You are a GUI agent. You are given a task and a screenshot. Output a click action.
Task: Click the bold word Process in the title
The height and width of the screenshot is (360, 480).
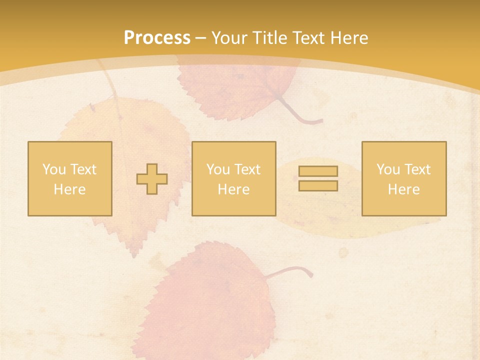point(157,38)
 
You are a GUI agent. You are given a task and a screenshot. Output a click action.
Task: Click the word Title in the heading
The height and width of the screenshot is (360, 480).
point(271,38)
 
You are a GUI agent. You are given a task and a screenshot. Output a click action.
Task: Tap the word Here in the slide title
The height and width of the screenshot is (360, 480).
point(348,38)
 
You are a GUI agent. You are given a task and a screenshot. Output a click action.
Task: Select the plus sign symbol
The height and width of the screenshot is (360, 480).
point(152,179)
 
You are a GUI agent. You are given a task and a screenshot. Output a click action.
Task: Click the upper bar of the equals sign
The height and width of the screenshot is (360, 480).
point(318,171)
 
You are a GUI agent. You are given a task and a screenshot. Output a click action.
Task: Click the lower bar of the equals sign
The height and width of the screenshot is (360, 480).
point(318,186)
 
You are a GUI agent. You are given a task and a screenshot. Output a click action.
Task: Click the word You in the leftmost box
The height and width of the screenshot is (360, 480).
point(54,169)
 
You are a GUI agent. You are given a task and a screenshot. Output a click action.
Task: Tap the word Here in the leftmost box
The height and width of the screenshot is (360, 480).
point(69,189)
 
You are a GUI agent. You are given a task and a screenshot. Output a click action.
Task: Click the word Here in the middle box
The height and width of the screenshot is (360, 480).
point(233,189)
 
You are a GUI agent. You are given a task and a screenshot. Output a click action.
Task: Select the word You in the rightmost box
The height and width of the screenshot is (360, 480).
point(388,169)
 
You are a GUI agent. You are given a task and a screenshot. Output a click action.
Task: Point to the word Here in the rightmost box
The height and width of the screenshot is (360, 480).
point(403,189)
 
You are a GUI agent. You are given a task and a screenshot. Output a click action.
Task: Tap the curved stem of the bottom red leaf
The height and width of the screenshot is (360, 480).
point(295,269)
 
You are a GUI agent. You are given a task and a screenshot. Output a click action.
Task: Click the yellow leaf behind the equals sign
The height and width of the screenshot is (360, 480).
point(350,220)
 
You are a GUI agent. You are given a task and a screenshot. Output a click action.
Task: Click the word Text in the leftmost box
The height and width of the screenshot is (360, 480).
point(83,169)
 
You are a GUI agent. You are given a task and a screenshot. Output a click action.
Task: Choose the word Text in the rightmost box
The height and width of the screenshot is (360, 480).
point(417,169)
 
